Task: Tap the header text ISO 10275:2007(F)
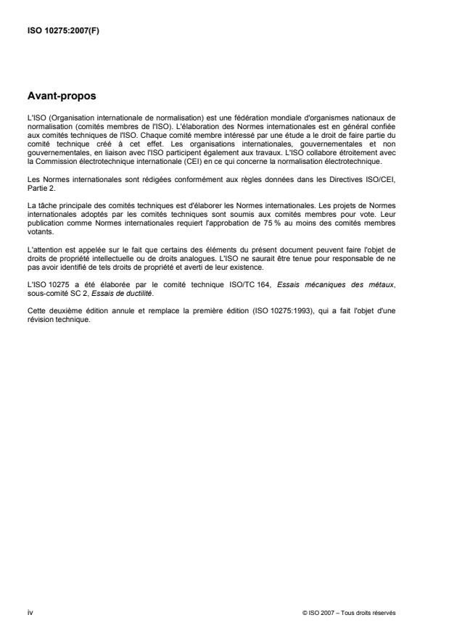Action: click(x=58, y=31)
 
